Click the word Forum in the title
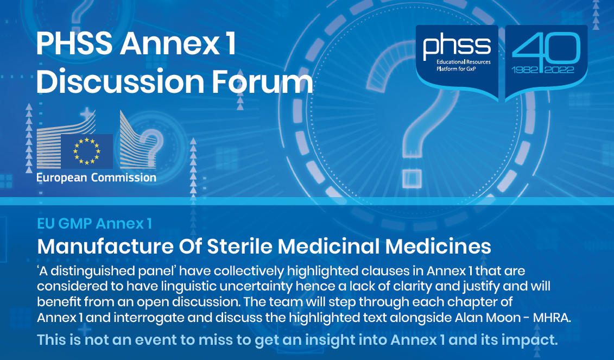pos(262,81)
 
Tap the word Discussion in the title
pos(120,81)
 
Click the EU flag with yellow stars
pos(86,151)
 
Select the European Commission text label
pos(96,178)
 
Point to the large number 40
pos(546,48)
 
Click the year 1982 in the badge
pos(525,70)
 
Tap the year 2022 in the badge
pos(559,70)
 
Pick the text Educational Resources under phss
pos(463,62)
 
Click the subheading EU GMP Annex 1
pos(94,223)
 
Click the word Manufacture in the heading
pos(105,247)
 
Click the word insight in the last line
pos(327,339)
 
